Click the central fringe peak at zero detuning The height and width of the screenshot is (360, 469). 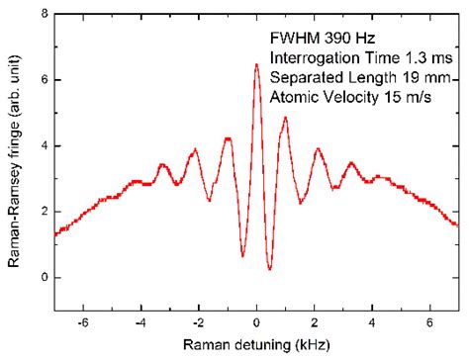pos(256,65)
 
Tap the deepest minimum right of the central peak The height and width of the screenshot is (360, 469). pos(269,269)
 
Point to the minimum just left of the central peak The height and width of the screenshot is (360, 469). pos(242,256)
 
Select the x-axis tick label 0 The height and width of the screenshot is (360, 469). pos(256,322)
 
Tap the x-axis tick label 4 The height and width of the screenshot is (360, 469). pos(372,322)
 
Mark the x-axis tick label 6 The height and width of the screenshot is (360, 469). pos(429,322)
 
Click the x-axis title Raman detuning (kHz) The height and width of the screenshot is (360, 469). pos(256,344)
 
